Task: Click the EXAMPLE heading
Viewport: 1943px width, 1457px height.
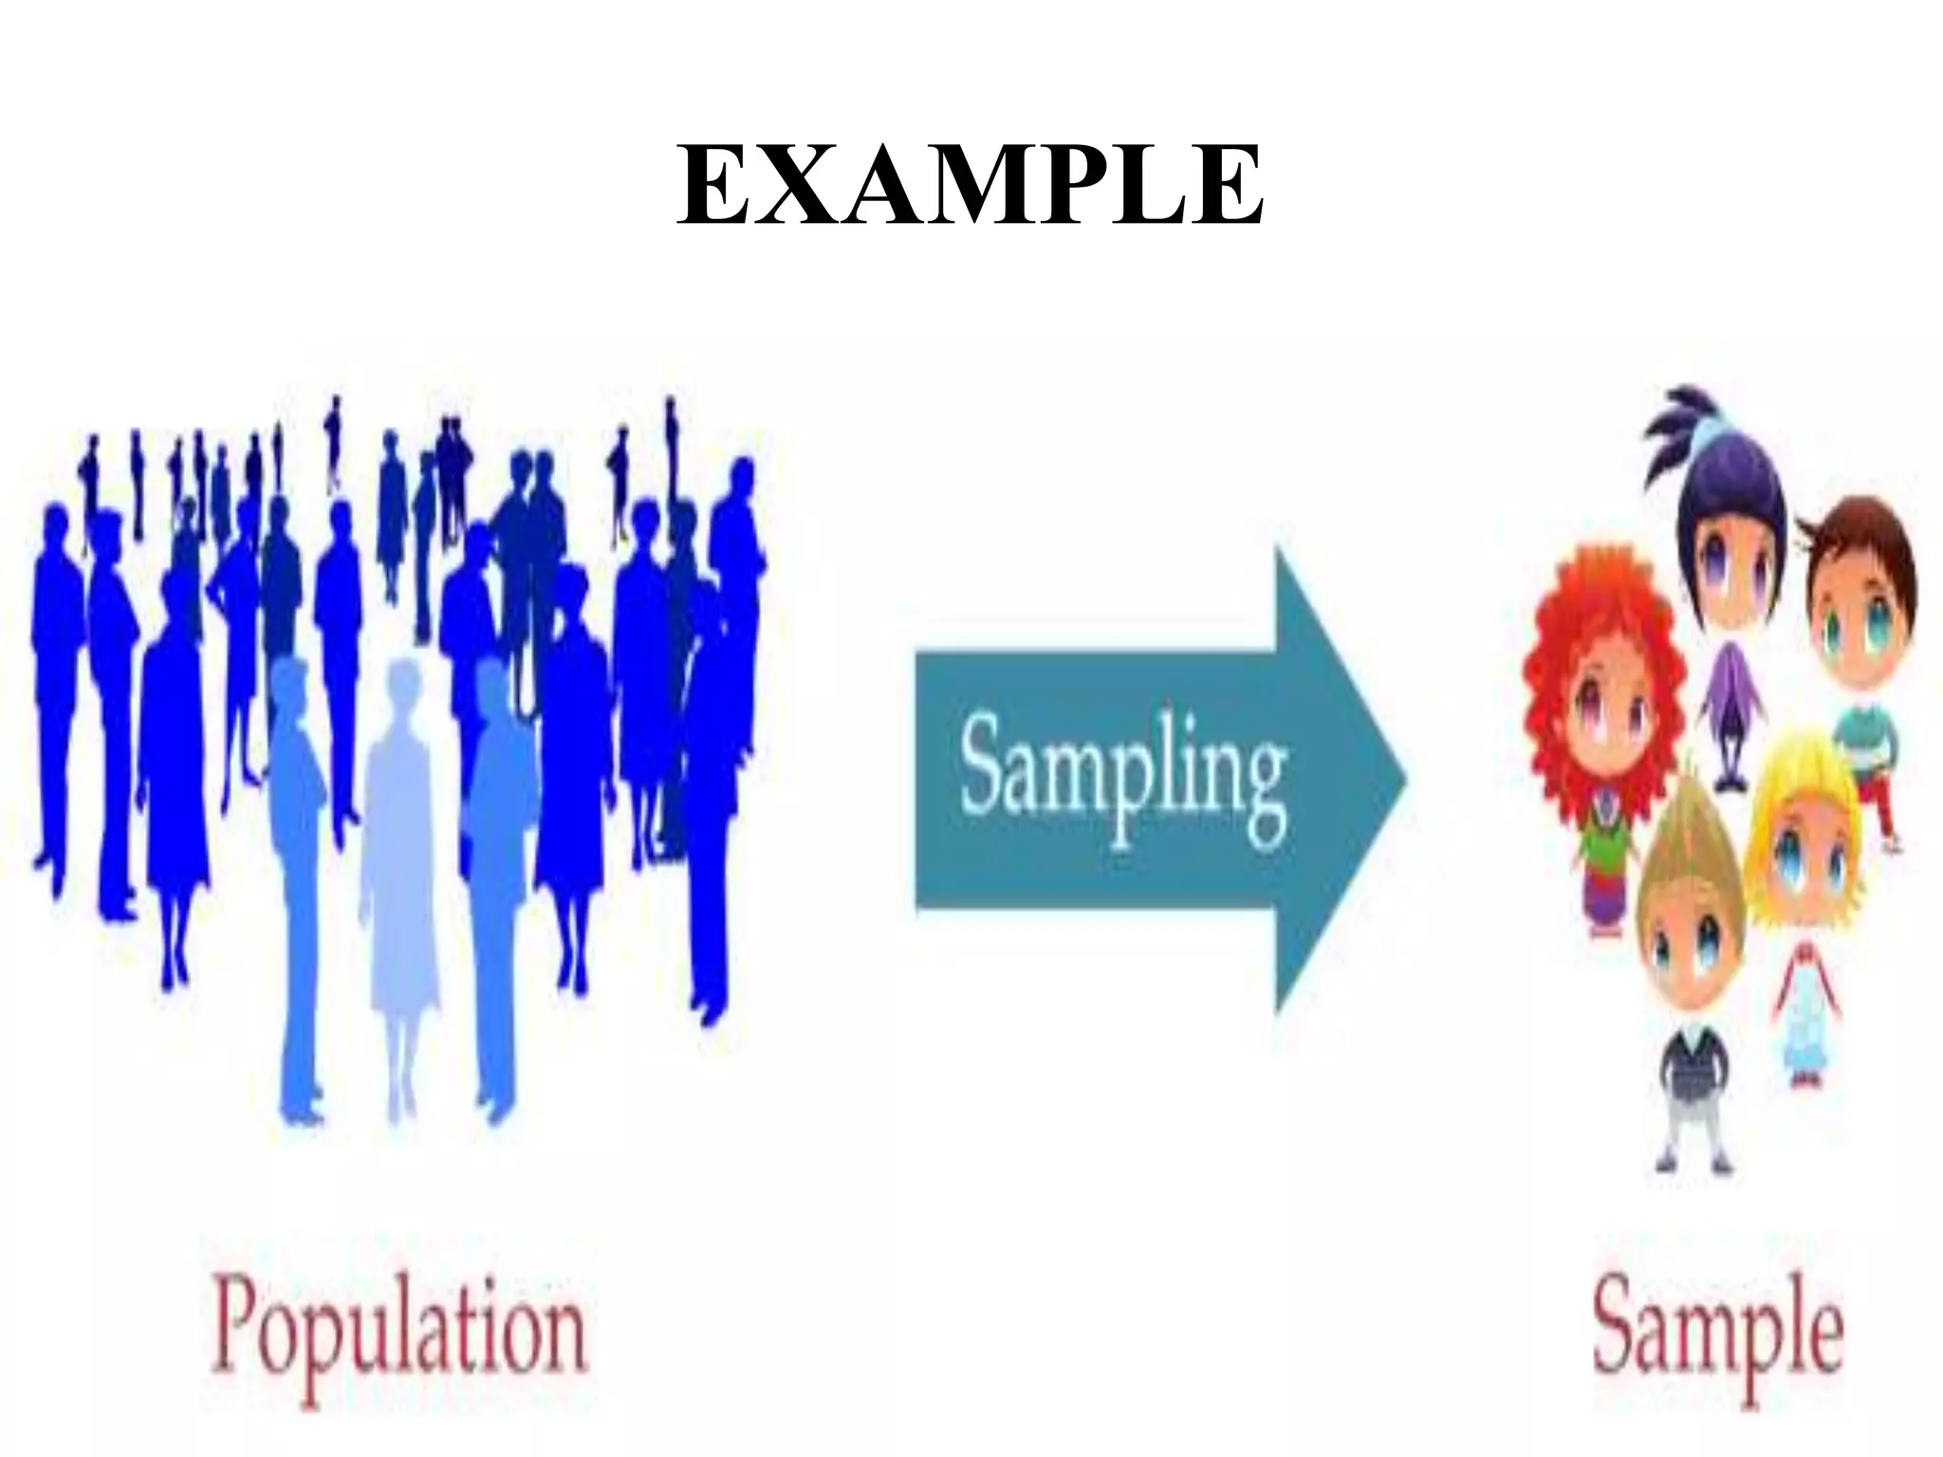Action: (x=970, y=186)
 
